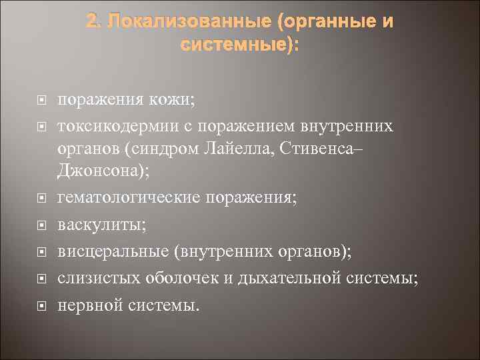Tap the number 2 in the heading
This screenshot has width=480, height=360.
pos(91,23)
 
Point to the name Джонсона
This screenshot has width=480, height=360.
pos(101,171)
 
